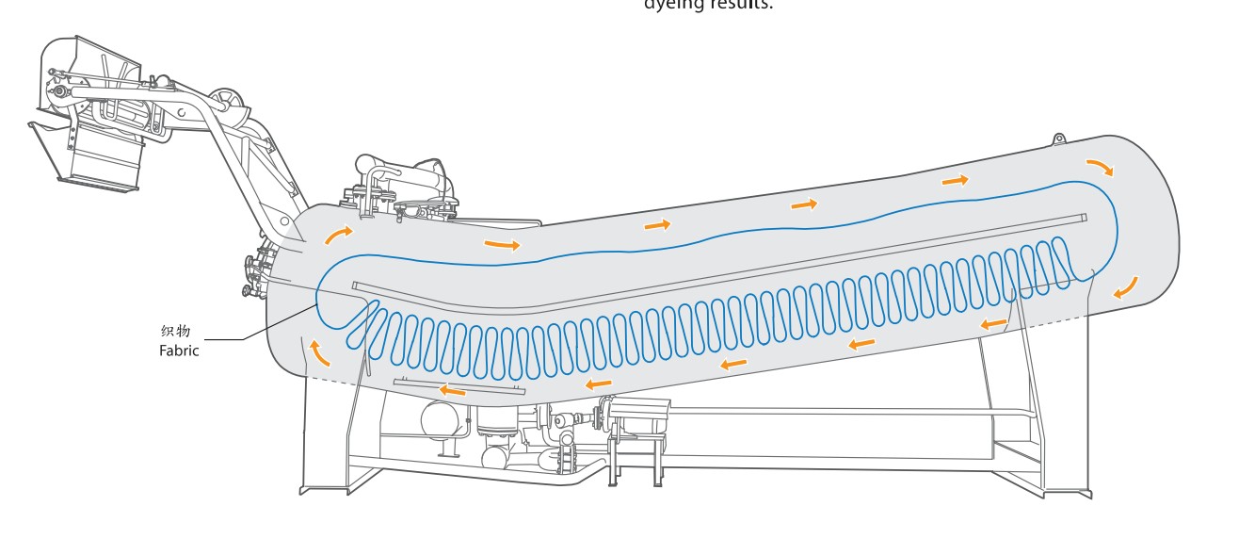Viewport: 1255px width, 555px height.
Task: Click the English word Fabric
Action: [179, 351]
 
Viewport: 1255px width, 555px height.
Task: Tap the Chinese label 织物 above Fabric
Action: [176, 331]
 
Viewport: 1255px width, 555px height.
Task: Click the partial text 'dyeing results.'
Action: [708, 5]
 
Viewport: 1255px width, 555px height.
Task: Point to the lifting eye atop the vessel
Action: [1059, 139]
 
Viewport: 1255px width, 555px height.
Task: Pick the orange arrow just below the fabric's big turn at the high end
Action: [1126, 287]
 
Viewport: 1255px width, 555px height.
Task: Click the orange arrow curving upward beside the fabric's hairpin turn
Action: [321, 351]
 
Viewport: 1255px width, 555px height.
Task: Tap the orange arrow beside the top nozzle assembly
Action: [339, 234]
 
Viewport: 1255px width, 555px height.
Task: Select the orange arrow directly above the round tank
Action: [453, 390]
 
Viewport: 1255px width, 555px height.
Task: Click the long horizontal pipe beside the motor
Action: [847, 412]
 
